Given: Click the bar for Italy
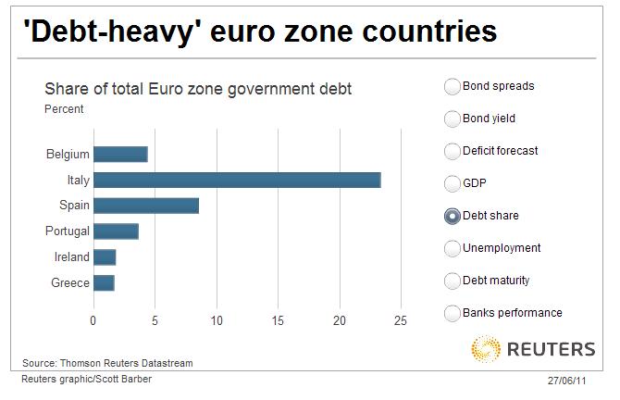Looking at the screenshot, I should (x=237, y=180).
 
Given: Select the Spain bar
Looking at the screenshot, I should (x=146, y=206).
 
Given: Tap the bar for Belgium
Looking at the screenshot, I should (x=120, y=154).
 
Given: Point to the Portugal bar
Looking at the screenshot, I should (x=116, y=231).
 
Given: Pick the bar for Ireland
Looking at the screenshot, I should (x=105, y=257).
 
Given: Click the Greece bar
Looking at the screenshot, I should (x=104, y=282).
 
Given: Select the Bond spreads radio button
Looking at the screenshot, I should (x=453, y=87).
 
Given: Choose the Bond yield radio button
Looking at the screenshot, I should (x=453, y=119).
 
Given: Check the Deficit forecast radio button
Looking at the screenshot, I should (x=453, y=151).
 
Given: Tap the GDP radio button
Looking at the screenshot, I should (x=453, y=183).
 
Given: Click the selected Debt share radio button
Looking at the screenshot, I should (x=453, y=216).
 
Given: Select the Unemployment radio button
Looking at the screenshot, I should (x=453, y=248).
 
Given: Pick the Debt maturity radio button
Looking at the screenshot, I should (x=453, y=281).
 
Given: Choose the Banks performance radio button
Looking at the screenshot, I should (x=453, y=313).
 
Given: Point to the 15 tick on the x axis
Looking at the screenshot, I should (x=278, y=321).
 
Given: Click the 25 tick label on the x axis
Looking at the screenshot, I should (x=401, y=321).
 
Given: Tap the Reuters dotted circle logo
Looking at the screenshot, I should (x=487, y=350).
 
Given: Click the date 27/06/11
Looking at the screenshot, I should (x=566, y=381).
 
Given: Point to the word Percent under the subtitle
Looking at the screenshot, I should (x=64, y=109).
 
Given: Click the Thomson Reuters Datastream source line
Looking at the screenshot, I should (x=107, y=363).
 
